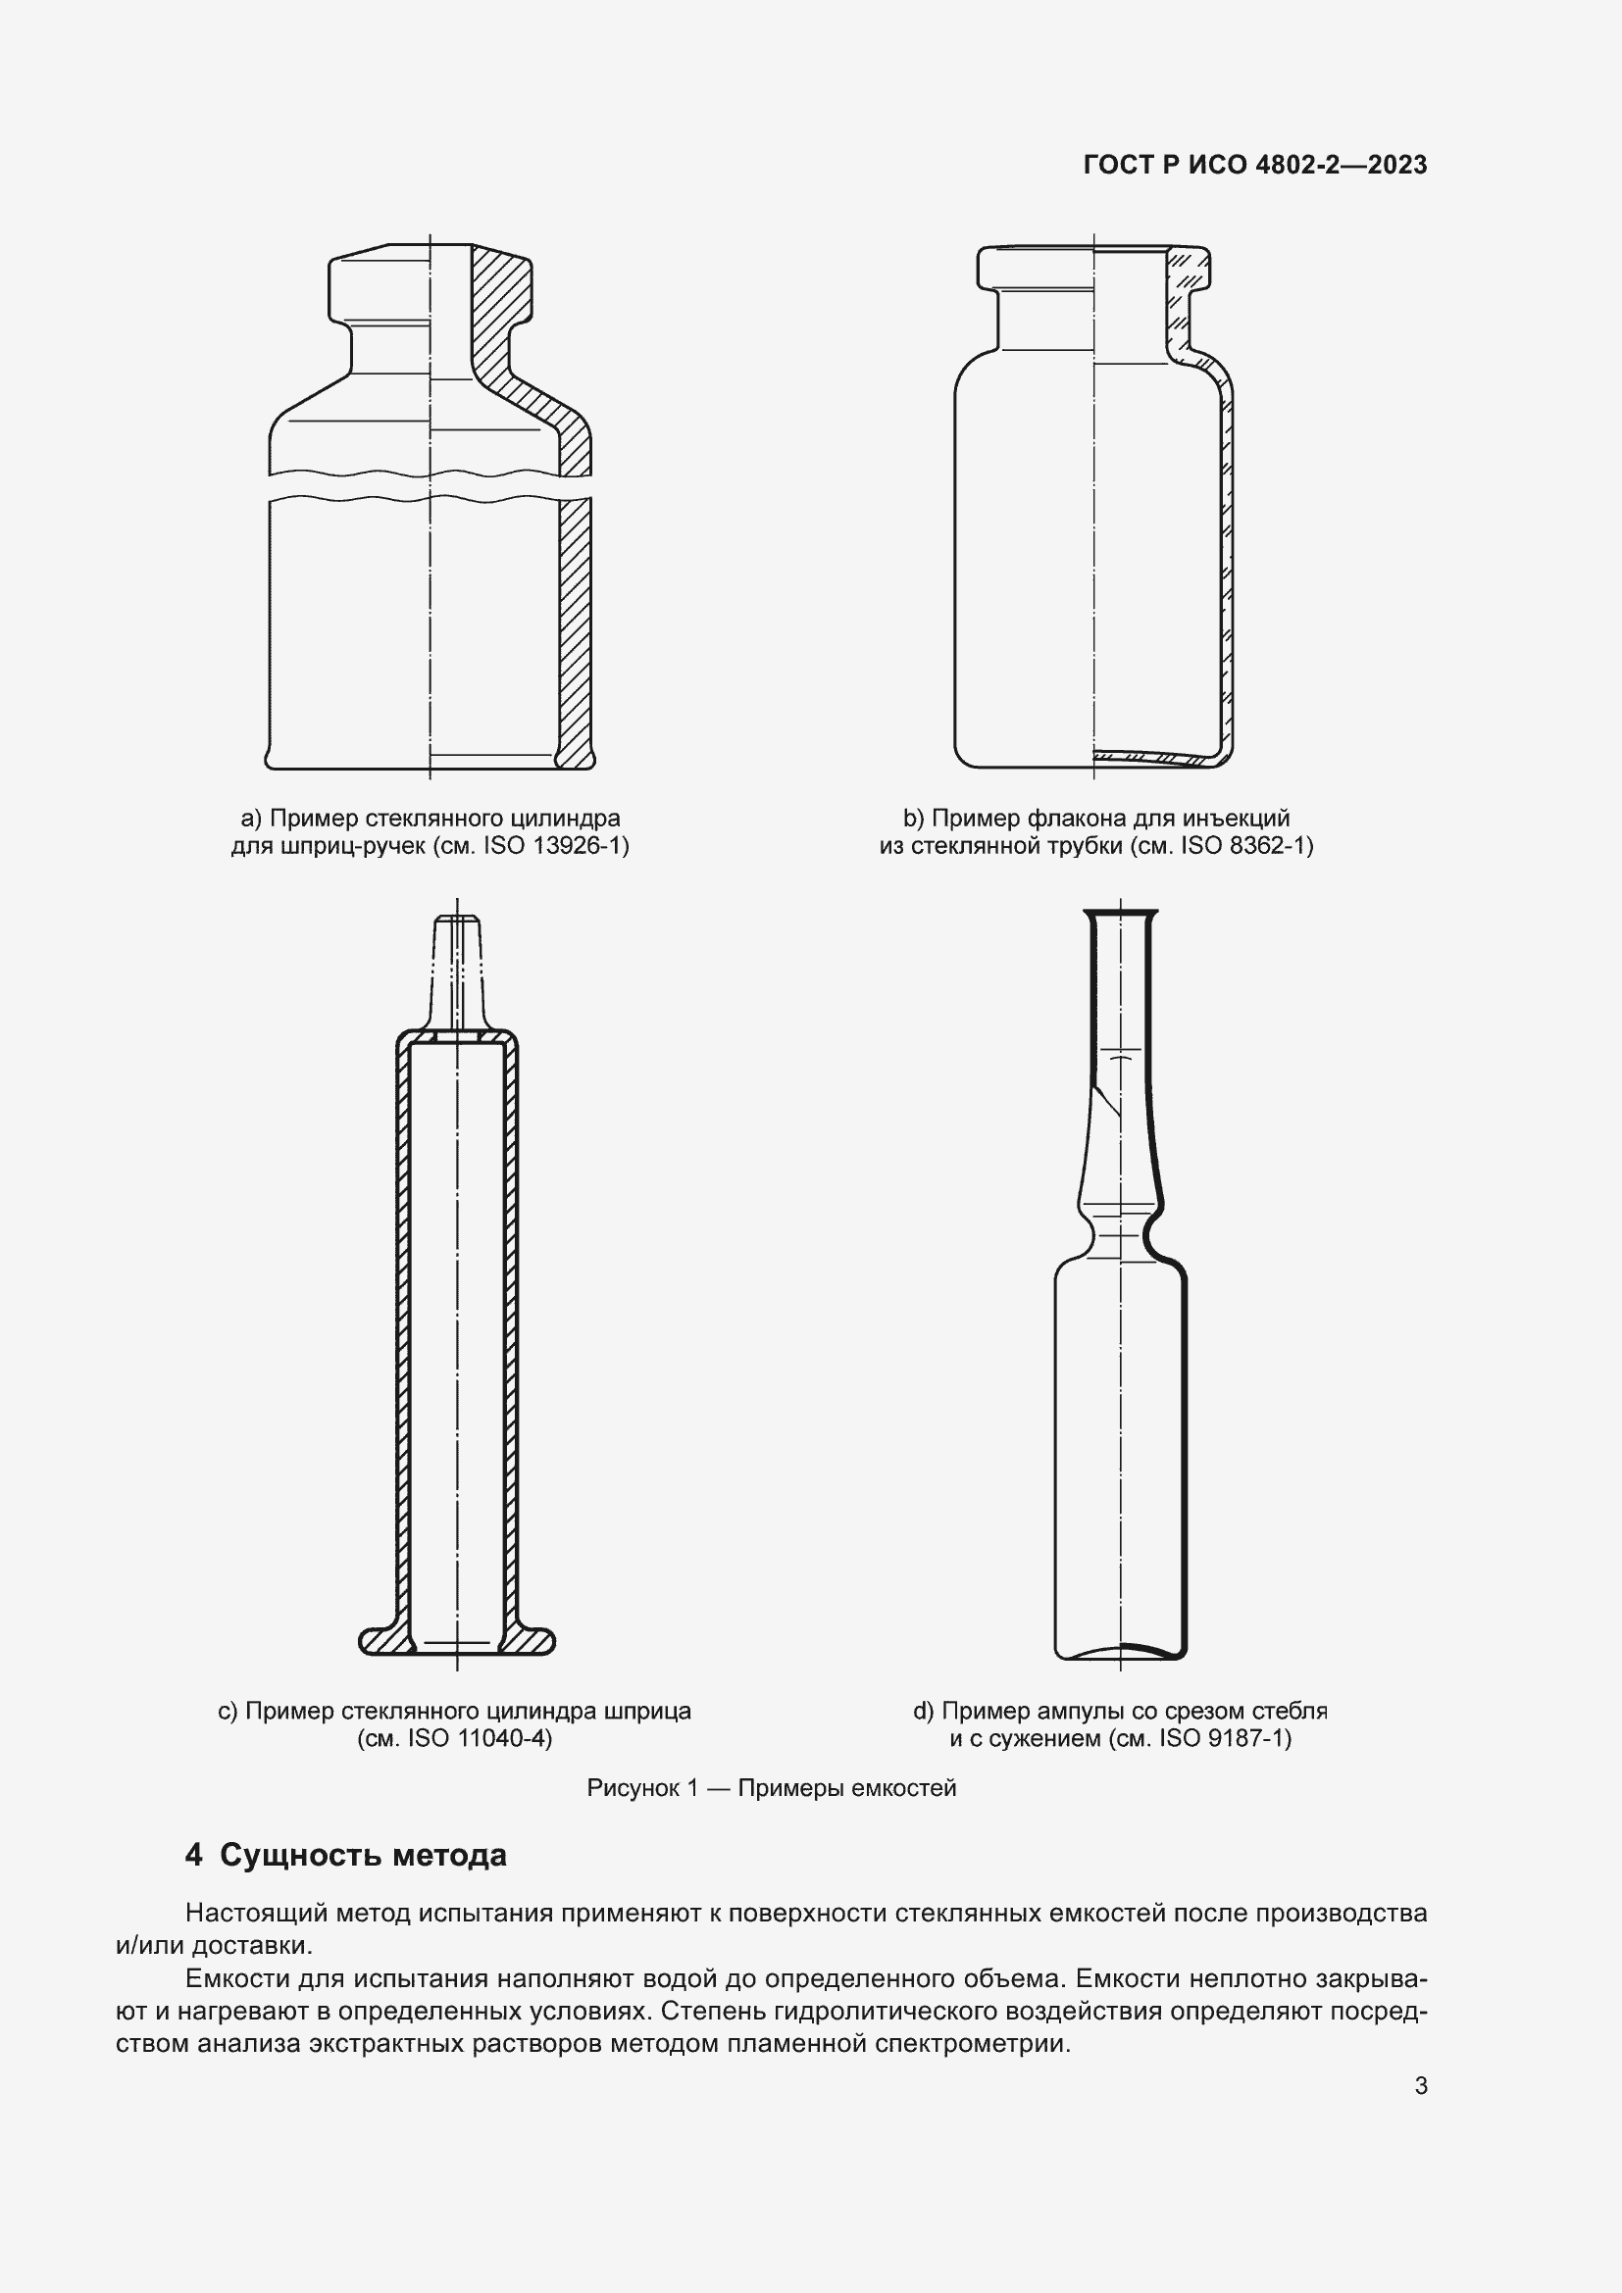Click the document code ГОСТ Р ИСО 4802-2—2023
pos(1254,165)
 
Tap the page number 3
pos(1420,2086)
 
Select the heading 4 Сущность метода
pos(345,1856)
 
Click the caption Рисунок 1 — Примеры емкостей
pos(771,1788)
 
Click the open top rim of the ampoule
pos(1121,912)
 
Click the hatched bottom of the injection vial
pos(1158,755)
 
